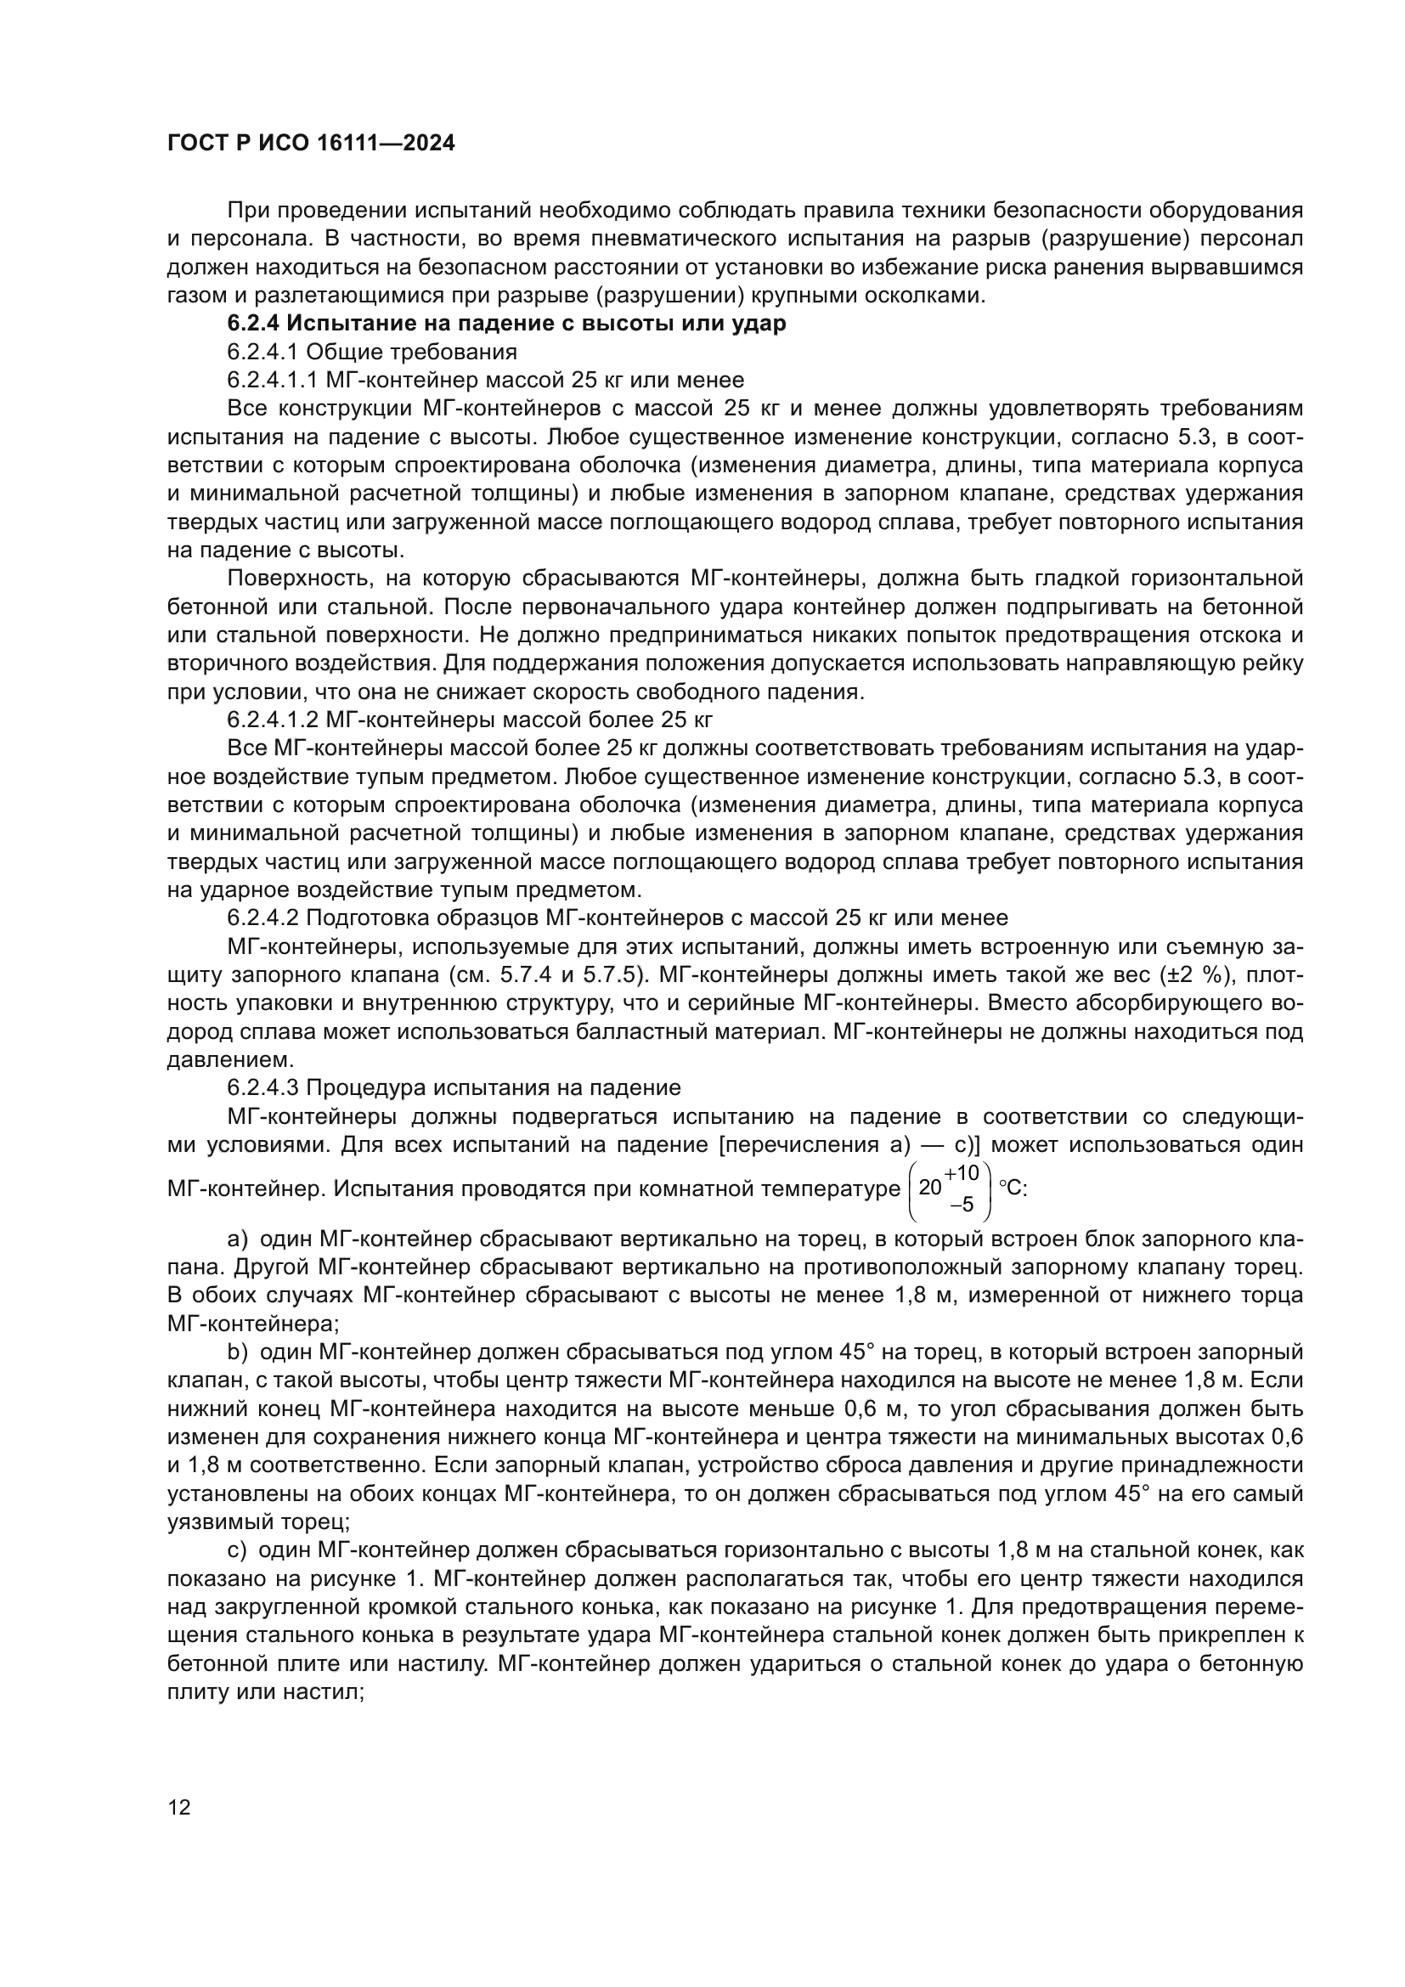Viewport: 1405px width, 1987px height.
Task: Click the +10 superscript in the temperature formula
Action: click(x=962, y=1173)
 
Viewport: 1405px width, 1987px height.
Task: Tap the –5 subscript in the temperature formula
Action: click(x=962, y=1205)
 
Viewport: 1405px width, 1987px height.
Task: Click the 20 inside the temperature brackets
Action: click(x=929, y=1188)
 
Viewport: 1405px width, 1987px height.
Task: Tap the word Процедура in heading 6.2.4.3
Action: click(x=364, y=1088)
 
